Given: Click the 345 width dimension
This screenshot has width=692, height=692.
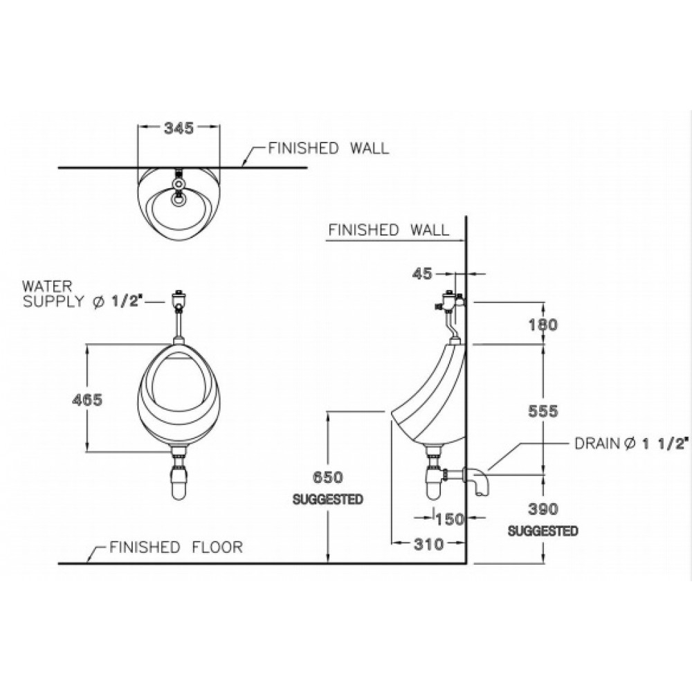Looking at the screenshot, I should (x=178, y=127).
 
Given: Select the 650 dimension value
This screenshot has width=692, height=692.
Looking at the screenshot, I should (x=328, y=477).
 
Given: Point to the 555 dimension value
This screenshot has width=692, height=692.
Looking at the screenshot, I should (x=543, y=410).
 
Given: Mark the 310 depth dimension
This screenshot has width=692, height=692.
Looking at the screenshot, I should (x=429, y=545).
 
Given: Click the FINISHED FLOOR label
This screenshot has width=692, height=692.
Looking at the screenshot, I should (x=176, y=547).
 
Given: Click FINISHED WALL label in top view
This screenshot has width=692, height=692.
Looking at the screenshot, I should (x=328, y=148).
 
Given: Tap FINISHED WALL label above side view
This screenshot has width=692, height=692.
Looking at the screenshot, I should (x=388, y=230).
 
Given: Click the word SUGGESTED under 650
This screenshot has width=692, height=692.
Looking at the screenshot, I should (x=328, y=499).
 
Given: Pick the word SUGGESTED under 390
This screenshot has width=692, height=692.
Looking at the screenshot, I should (x=543, y=531).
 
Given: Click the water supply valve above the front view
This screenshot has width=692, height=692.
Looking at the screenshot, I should (x=179, y=298).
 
